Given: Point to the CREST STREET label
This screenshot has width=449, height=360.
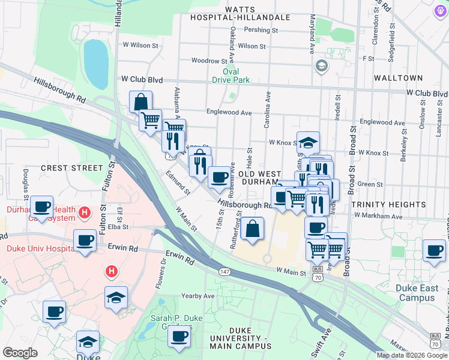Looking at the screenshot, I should [71, 168].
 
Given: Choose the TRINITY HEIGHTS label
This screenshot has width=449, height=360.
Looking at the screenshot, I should [388, 205].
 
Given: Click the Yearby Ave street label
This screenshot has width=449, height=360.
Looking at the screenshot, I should [198, 296].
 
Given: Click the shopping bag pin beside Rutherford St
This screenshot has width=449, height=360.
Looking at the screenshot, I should [253, 229].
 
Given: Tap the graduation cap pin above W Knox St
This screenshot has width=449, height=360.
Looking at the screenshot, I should [308, 142].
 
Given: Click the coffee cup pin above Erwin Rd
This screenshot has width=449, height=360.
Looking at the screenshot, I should [85, 240].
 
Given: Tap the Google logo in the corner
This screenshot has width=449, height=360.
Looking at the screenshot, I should [20, 353].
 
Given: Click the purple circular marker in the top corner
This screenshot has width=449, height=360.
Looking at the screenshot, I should [439, 9].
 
